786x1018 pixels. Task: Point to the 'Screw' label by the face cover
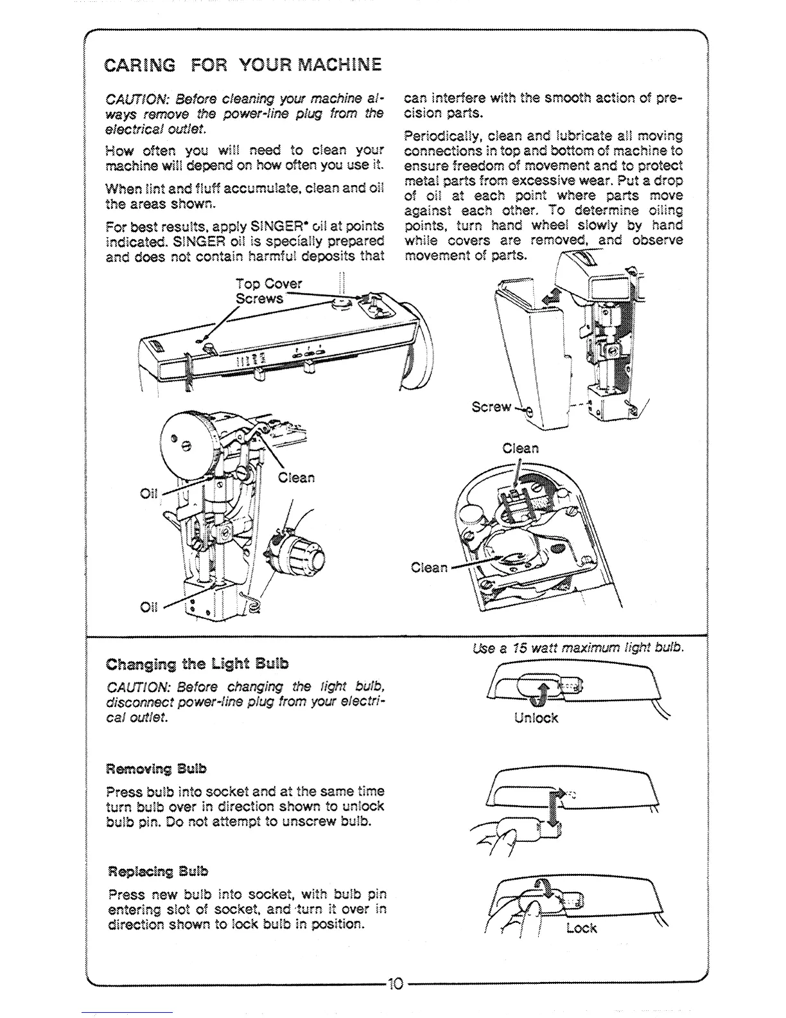tap(491, 407)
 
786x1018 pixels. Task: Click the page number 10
tap(394, 983)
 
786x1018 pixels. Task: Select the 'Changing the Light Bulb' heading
tap(197, 663)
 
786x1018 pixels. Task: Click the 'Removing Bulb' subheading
tap(157, 769)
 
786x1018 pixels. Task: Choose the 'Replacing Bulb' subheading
tap(159, 871)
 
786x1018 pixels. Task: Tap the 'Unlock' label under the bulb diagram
tap(536, 718)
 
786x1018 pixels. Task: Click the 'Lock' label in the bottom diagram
tap(581, 928)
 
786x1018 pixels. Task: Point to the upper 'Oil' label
tap(148, 494)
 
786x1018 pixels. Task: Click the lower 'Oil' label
tap(148, 607)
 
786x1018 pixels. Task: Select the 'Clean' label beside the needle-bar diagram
tap(297, 478)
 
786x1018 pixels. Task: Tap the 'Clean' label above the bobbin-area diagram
tap(521, 448)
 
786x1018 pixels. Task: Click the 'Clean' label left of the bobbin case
tap(429, 567)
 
